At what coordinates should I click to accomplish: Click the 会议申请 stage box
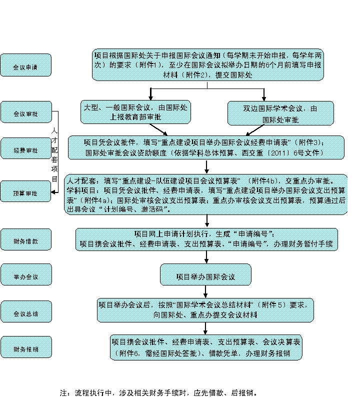point(25,65)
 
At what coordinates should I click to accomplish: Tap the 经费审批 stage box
point(25,149)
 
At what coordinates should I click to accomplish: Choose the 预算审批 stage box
point(25,191)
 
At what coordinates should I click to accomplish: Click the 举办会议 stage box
point(25,276)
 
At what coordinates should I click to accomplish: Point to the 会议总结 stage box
point(25,312)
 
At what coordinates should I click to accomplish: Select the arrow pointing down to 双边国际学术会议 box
point(264,95)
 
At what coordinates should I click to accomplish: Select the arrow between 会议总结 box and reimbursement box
point(205,328)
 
